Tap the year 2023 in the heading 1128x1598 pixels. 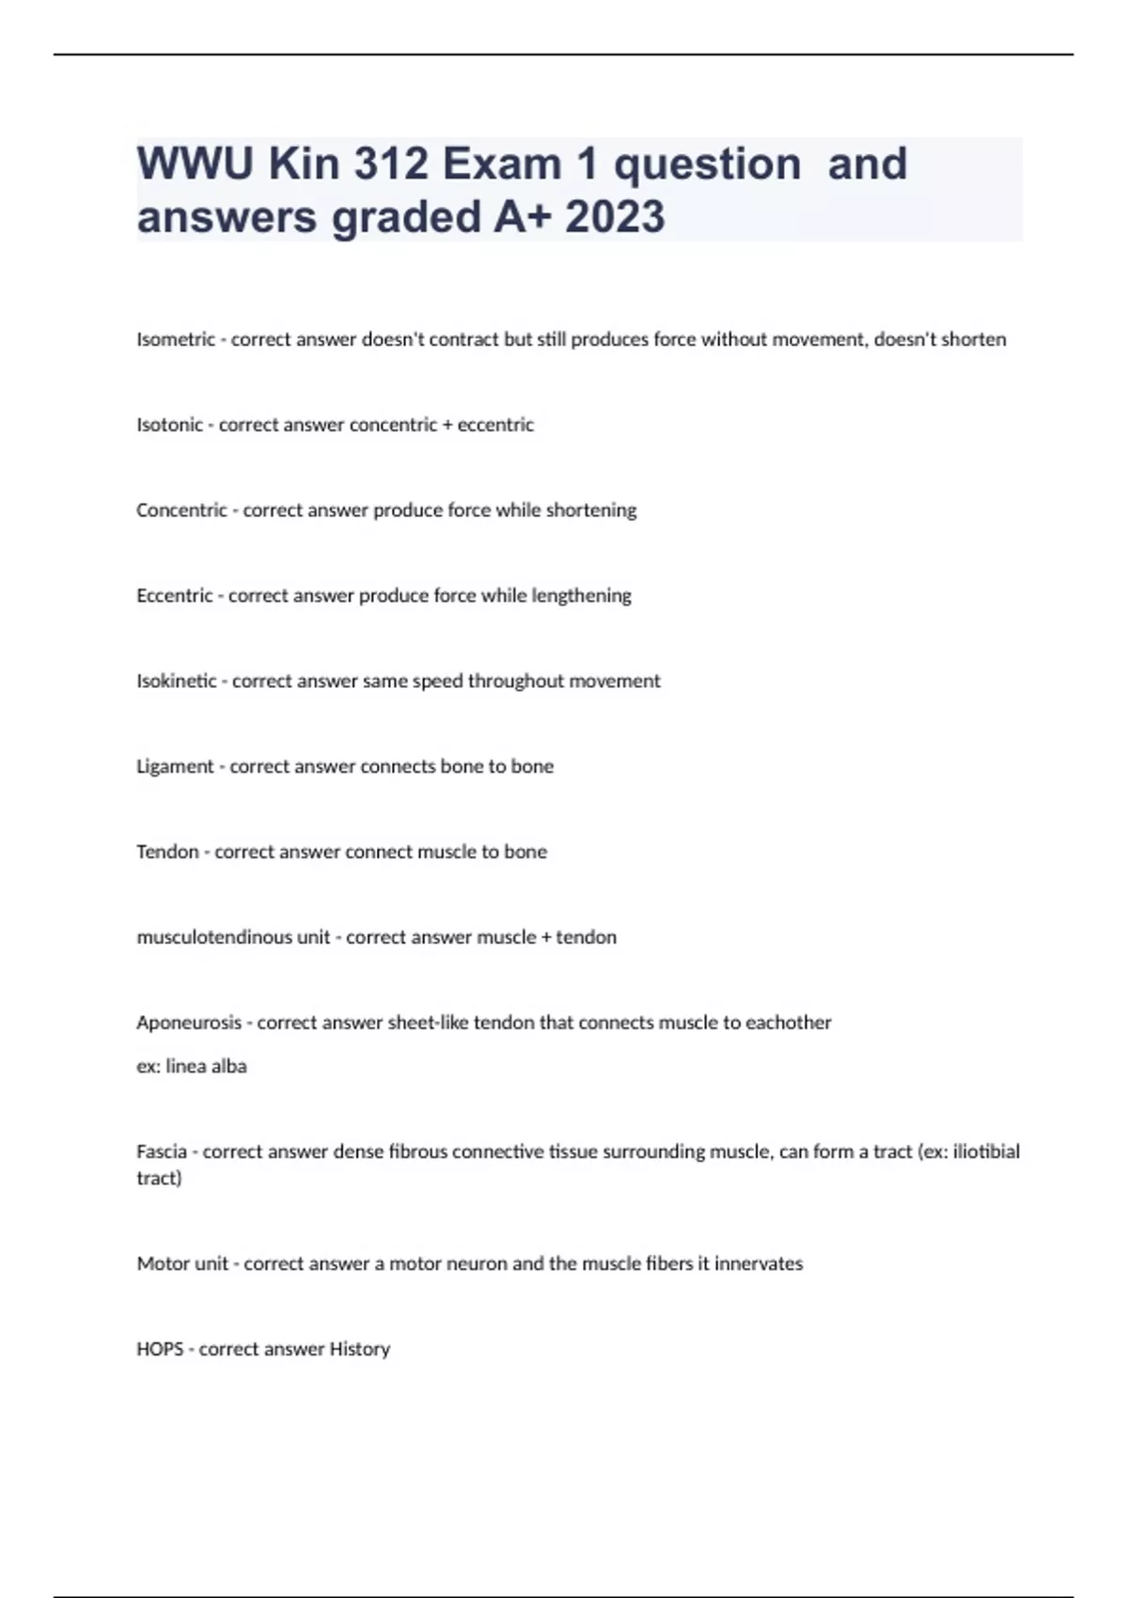(615, 217)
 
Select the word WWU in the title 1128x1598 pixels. (196, 164)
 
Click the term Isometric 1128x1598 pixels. (176, 339)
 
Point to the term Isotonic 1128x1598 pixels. (169, 425)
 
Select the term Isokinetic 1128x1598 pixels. (177, 681)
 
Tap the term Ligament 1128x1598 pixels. (175, 767)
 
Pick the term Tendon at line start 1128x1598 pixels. (167, 853)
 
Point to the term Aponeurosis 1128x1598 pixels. (189, 1023)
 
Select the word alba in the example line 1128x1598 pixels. (228, 1067)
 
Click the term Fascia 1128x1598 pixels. (162, 1151)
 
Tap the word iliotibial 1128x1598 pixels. (986, 1151)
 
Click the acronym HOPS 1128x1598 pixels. (160, 1350)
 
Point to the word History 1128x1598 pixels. (359, 1350)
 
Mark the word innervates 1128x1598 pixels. (759, 1264)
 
